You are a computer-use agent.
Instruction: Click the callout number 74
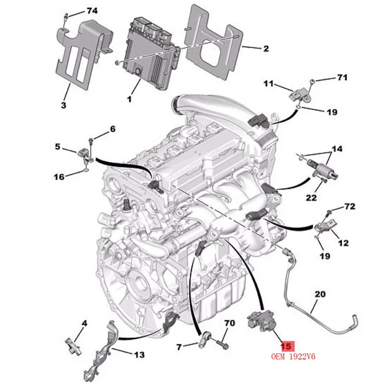91,11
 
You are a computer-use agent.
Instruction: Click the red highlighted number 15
286,346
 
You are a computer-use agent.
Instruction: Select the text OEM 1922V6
295,357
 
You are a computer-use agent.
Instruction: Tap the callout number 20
320,294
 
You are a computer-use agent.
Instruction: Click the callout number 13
139,355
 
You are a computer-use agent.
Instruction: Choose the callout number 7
179,346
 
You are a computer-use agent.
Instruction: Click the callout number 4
84,323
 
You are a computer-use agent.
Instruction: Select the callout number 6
113,129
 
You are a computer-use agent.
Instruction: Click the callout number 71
342,77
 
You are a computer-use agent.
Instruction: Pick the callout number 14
337,149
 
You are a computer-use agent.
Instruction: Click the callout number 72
349,206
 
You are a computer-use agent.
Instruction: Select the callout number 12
343,243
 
